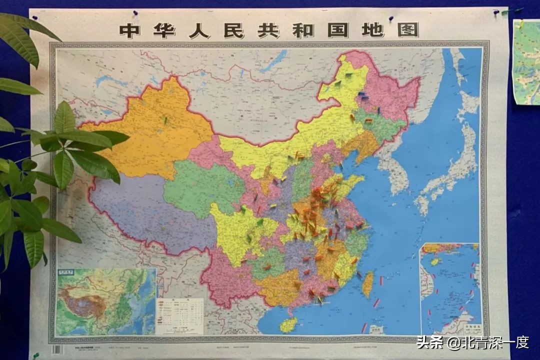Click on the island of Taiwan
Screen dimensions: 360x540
coord(368,284)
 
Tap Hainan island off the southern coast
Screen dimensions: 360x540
coord(288,324)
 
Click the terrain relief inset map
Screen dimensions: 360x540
coord(106,301)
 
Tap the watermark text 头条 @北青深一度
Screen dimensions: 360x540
coord(472,342)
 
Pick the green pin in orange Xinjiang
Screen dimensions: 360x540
coord(165,120)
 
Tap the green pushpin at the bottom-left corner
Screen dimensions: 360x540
coord(36,355)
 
